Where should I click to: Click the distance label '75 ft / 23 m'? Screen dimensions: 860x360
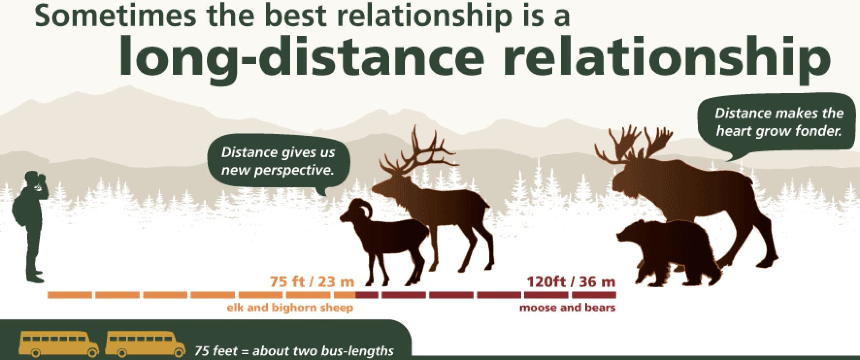coord(312,282)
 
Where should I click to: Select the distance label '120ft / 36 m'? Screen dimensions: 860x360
coord(571,282)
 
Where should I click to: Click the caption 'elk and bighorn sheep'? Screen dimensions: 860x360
coord(290,308)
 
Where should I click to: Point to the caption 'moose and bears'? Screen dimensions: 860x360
coord(567,308)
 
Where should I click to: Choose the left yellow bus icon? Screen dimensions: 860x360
coord(59,343)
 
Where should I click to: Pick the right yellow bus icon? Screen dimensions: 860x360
coord(145,343)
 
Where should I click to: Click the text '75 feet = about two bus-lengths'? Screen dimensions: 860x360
coord(294,350)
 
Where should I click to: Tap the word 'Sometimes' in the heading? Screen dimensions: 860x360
coord(116,16)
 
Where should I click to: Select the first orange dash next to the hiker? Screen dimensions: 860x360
coord(69,295)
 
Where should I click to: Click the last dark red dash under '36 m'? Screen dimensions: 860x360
coord(594,295)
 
